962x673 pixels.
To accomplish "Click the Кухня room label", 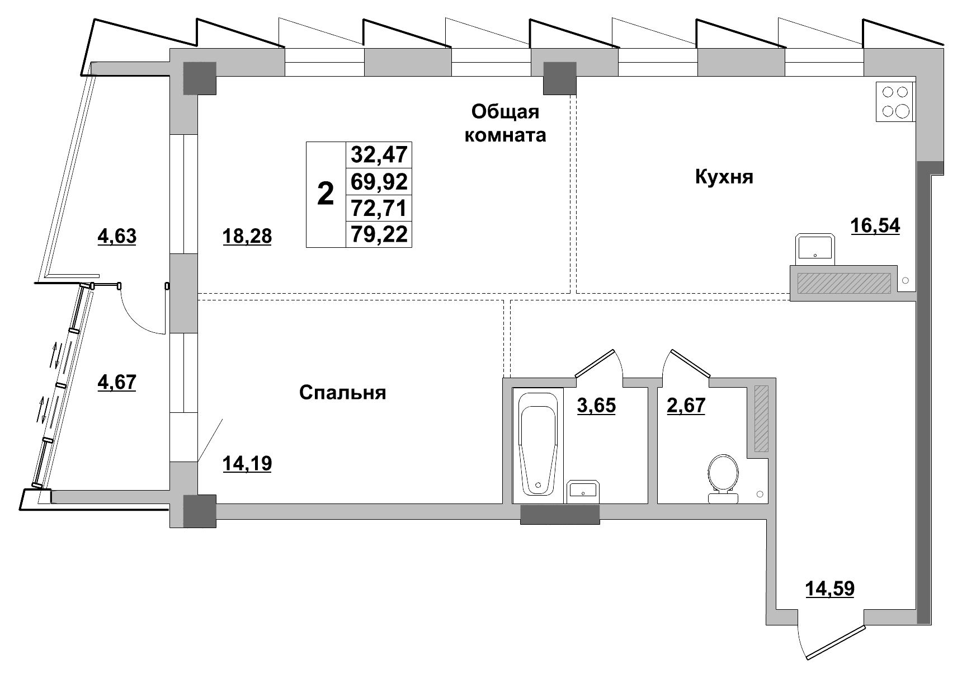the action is (724, 177).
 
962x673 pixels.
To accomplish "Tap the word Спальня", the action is (342, 392).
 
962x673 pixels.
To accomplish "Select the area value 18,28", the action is (247, 236).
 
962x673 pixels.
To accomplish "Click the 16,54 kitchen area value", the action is (875, 225).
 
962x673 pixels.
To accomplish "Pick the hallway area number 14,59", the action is (829, 589).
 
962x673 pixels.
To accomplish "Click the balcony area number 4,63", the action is (117, 236).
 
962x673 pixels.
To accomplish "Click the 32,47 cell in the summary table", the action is (379, 154).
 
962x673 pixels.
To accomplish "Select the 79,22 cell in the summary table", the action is (379, 234).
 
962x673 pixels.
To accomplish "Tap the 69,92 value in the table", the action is (379, 181).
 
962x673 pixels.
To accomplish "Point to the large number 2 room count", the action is (325, 194).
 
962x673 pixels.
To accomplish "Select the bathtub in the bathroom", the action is (538, 443).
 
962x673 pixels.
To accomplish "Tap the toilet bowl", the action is (723, 478).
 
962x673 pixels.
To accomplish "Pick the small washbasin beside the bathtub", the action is (583, 491).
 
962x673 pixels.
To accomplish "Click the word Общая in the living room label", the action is (505, 112).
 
